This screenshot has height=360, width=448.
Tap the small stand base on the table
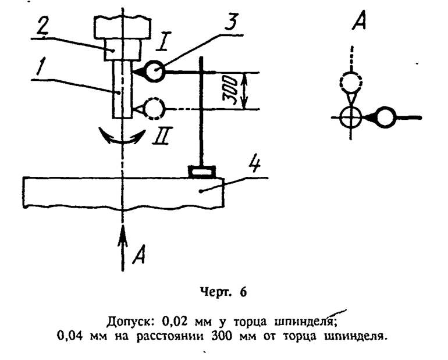[x=201, y=172]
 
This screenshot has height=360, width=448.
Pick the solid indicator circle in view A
[x=385, y=117]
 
